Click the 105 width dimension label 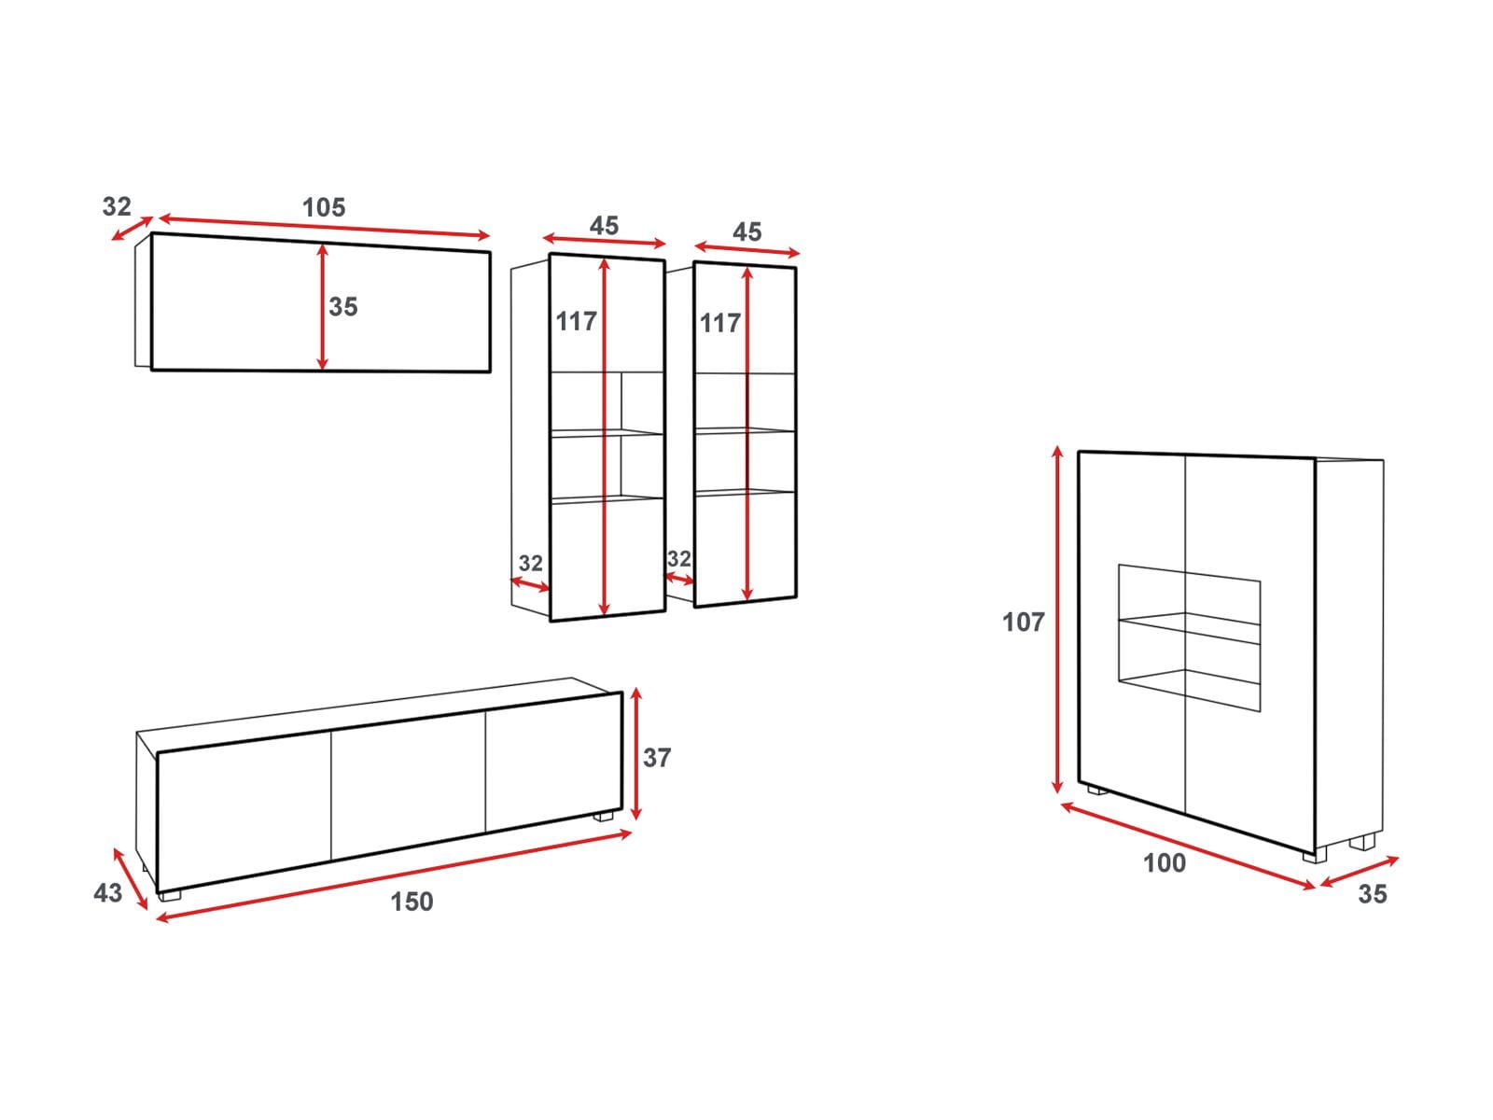tap(324, 207)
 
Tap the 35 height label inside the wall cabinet tap(342, 307)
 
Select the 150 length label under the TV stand tap(412, 902)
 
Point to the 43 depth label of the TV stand tap(107, 892)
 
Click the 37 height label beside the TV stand tap(656, 758)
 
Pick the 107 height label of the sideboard tap(1023, 623)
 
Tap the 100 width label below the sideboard tap(1165, 863)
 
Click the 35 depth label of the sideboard tap(1372, 893)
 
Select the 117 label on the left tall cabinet tap(576, 321)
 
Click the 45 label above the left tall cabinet tap(604, 225)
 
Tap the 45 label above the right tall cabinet tap(746, 231)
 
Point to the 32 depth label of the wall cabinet tap(117, 206)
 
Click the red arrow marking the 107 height tap(1057, 620)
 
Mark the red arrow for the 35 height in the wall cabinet tap(323, 307)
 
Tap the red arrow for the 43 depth tap(131, 878)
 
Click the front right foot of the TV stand tap(603, 816)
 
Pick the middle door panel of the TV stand tap(408, 786)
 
